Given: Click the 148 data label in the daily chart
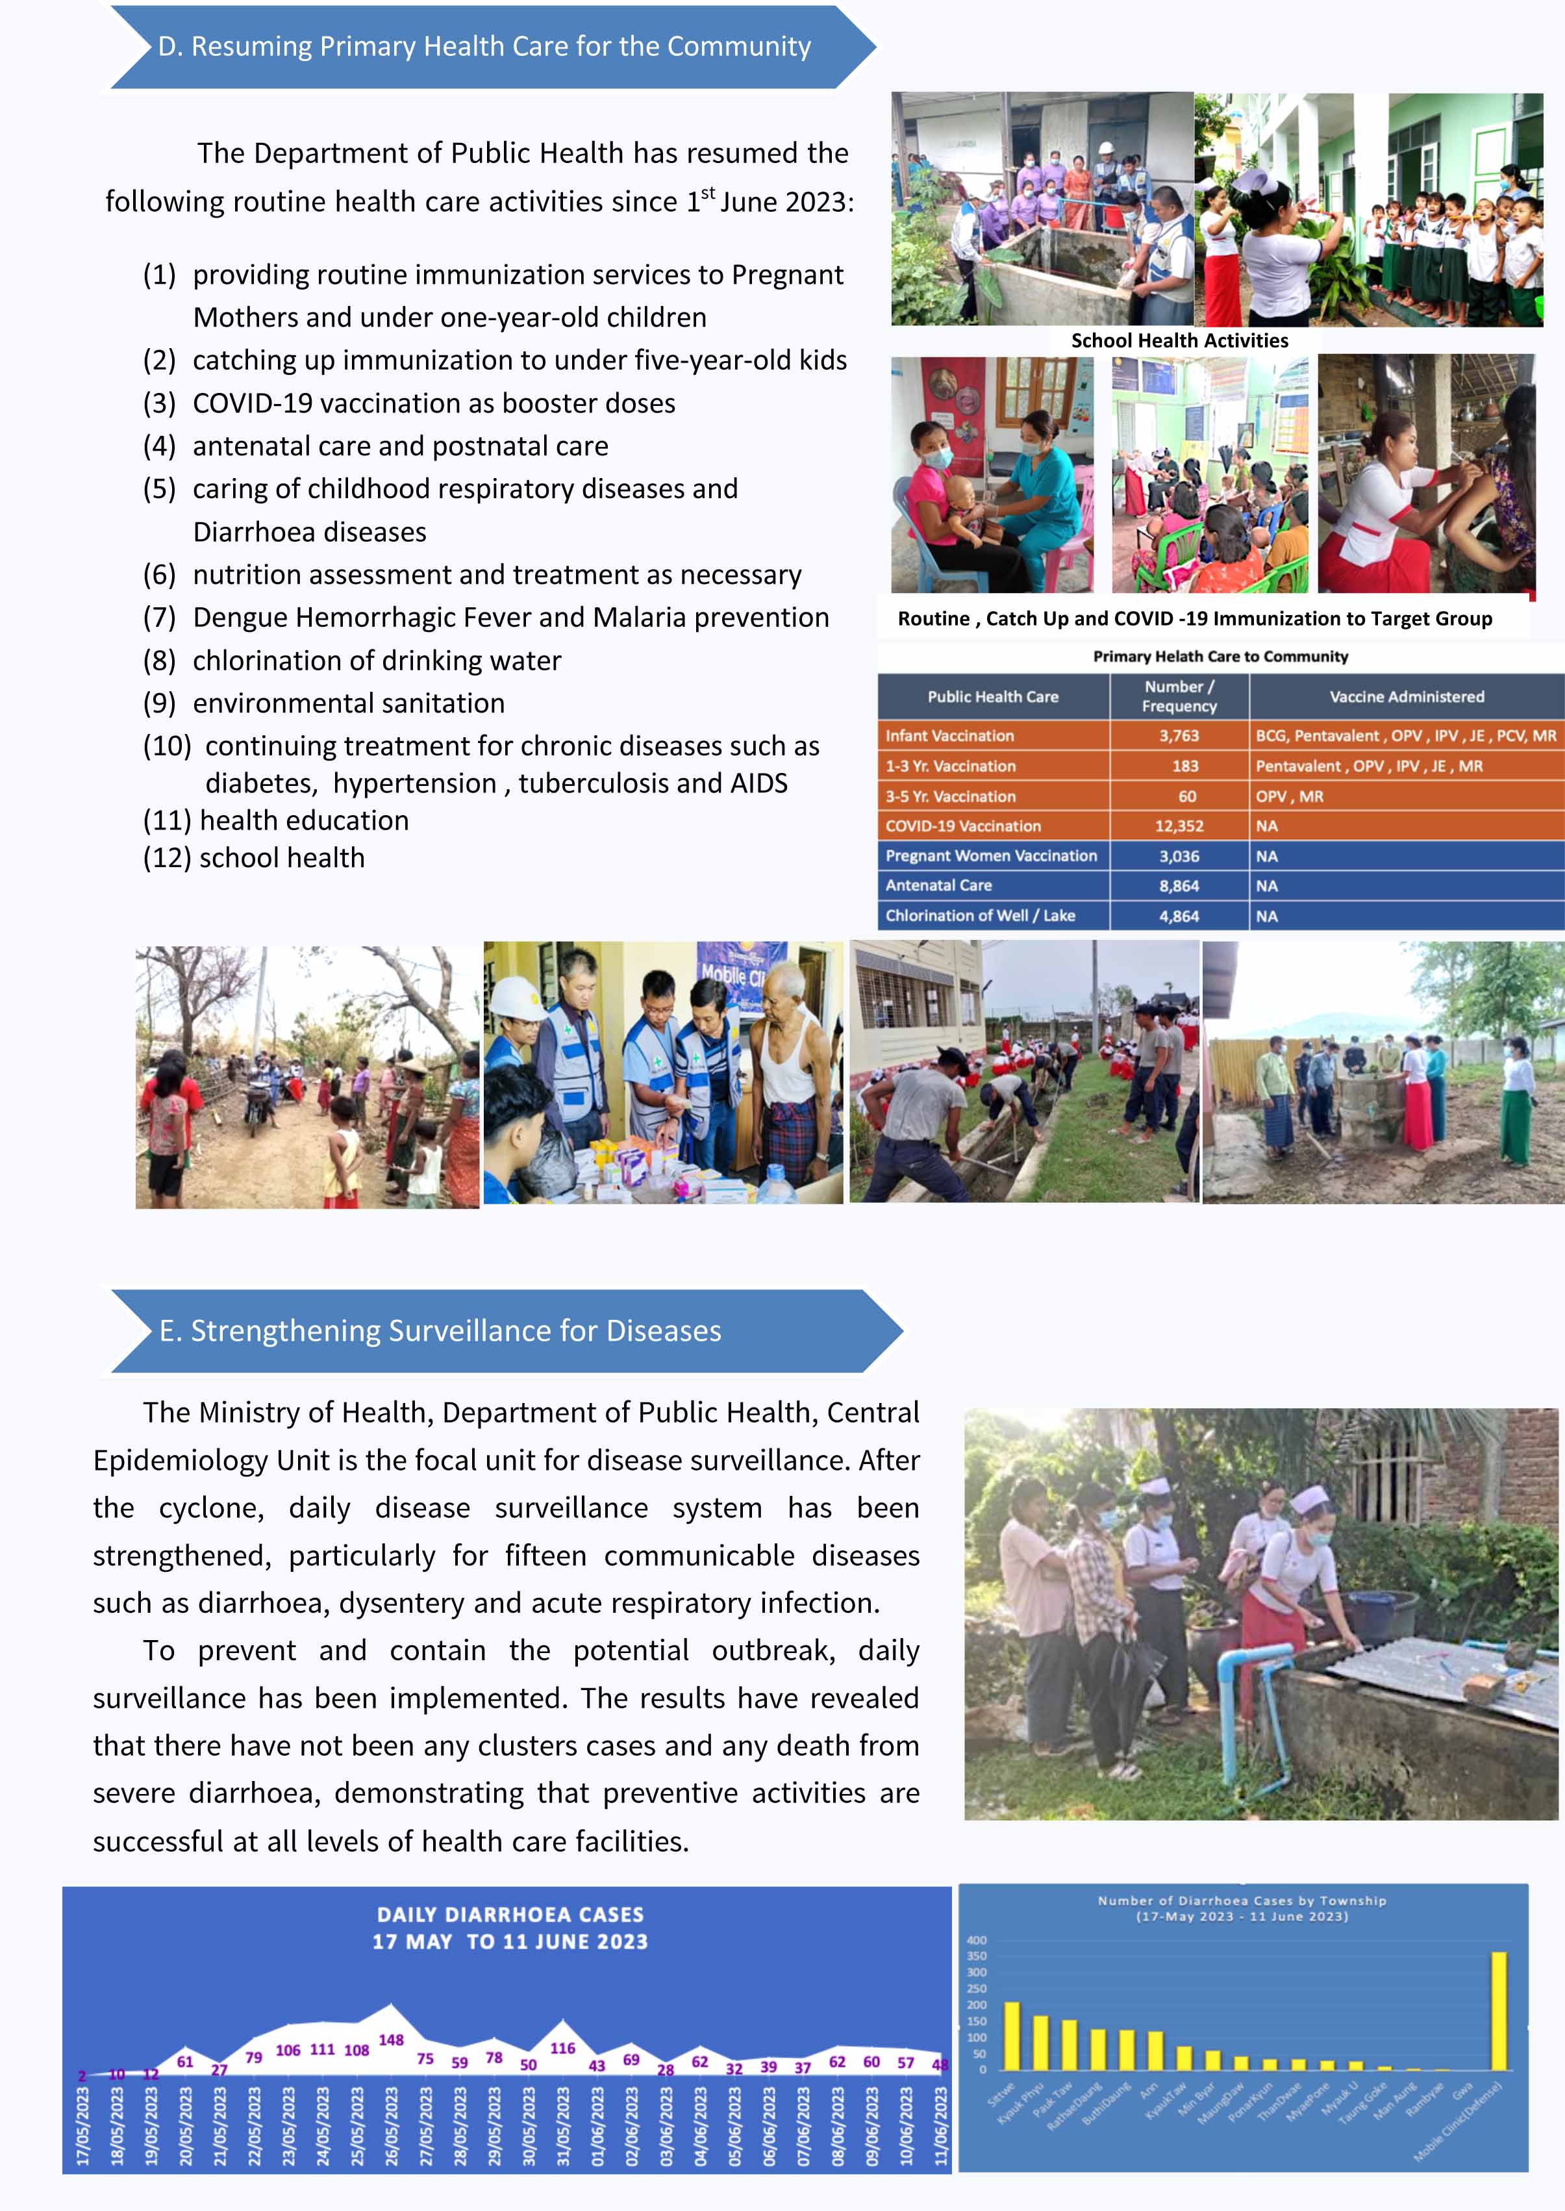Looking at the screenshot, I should coord(390,2040).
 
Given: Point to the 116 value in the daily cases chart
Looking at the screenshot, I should coord(563,2048).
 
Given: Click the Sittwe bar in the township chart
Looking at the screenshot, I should coord(1011,2036).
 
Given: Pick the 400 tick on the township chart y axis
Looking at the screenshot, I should coord(976,1940).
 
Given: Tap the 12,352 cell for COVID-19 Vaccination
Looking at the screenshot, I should coord(1179,826).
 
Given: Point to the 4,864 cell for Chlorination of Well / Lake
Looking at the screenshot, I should coord(1179,916).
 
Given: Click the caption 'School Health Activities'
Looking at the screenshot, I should coord(1179,340).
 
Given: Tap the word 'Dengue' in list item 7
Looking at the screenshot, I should coord(239,617).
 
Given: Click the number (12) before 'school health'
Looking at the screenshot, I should coord(167,858).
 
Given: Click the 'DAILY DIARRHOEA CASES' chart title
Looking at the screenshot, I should coord(510,1914).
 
